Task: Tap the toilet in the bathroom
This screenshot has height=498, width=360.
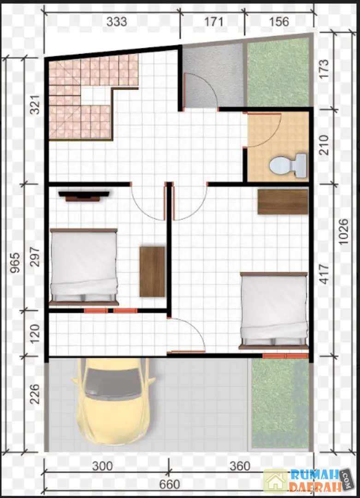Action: pyautogui.click(x=288, y=166)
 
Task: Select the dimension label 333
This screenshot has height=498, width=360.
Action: pyautogui.click(x=117, y=22)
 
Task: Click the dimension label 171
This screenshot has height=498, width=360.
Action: pyautogui.click(x=213, y=22)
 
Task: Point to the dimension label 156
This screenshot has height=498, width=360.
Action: pyautogui.click(x=279, y=22)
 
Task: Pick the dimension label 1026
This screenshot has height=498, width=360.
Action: pyautogui.click(x=343, y=231)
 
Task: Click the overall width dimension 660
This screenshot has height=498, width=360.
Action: pyautogui.click(x=170, y=485)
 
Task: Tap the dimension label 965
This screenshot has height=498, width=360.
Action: pyautogui.click(x=15, y=262)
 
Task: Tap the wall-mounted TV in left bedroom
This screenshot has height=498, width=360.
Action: pyautogui.click(x=84, y=196)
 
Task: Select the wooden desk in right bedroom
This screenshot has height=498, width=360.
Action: pyautogui.click(x=283, y=202)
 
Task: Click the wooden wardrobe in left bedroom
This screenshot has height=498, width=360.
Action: pyautogui.click(x=152, y=272)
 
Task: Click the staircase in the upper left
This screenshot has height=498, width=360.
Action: pyautogui.click(x=93, y=97)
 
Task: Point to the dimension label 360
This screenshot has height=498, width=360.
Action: pyautogui.click(x=240, y=466)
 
